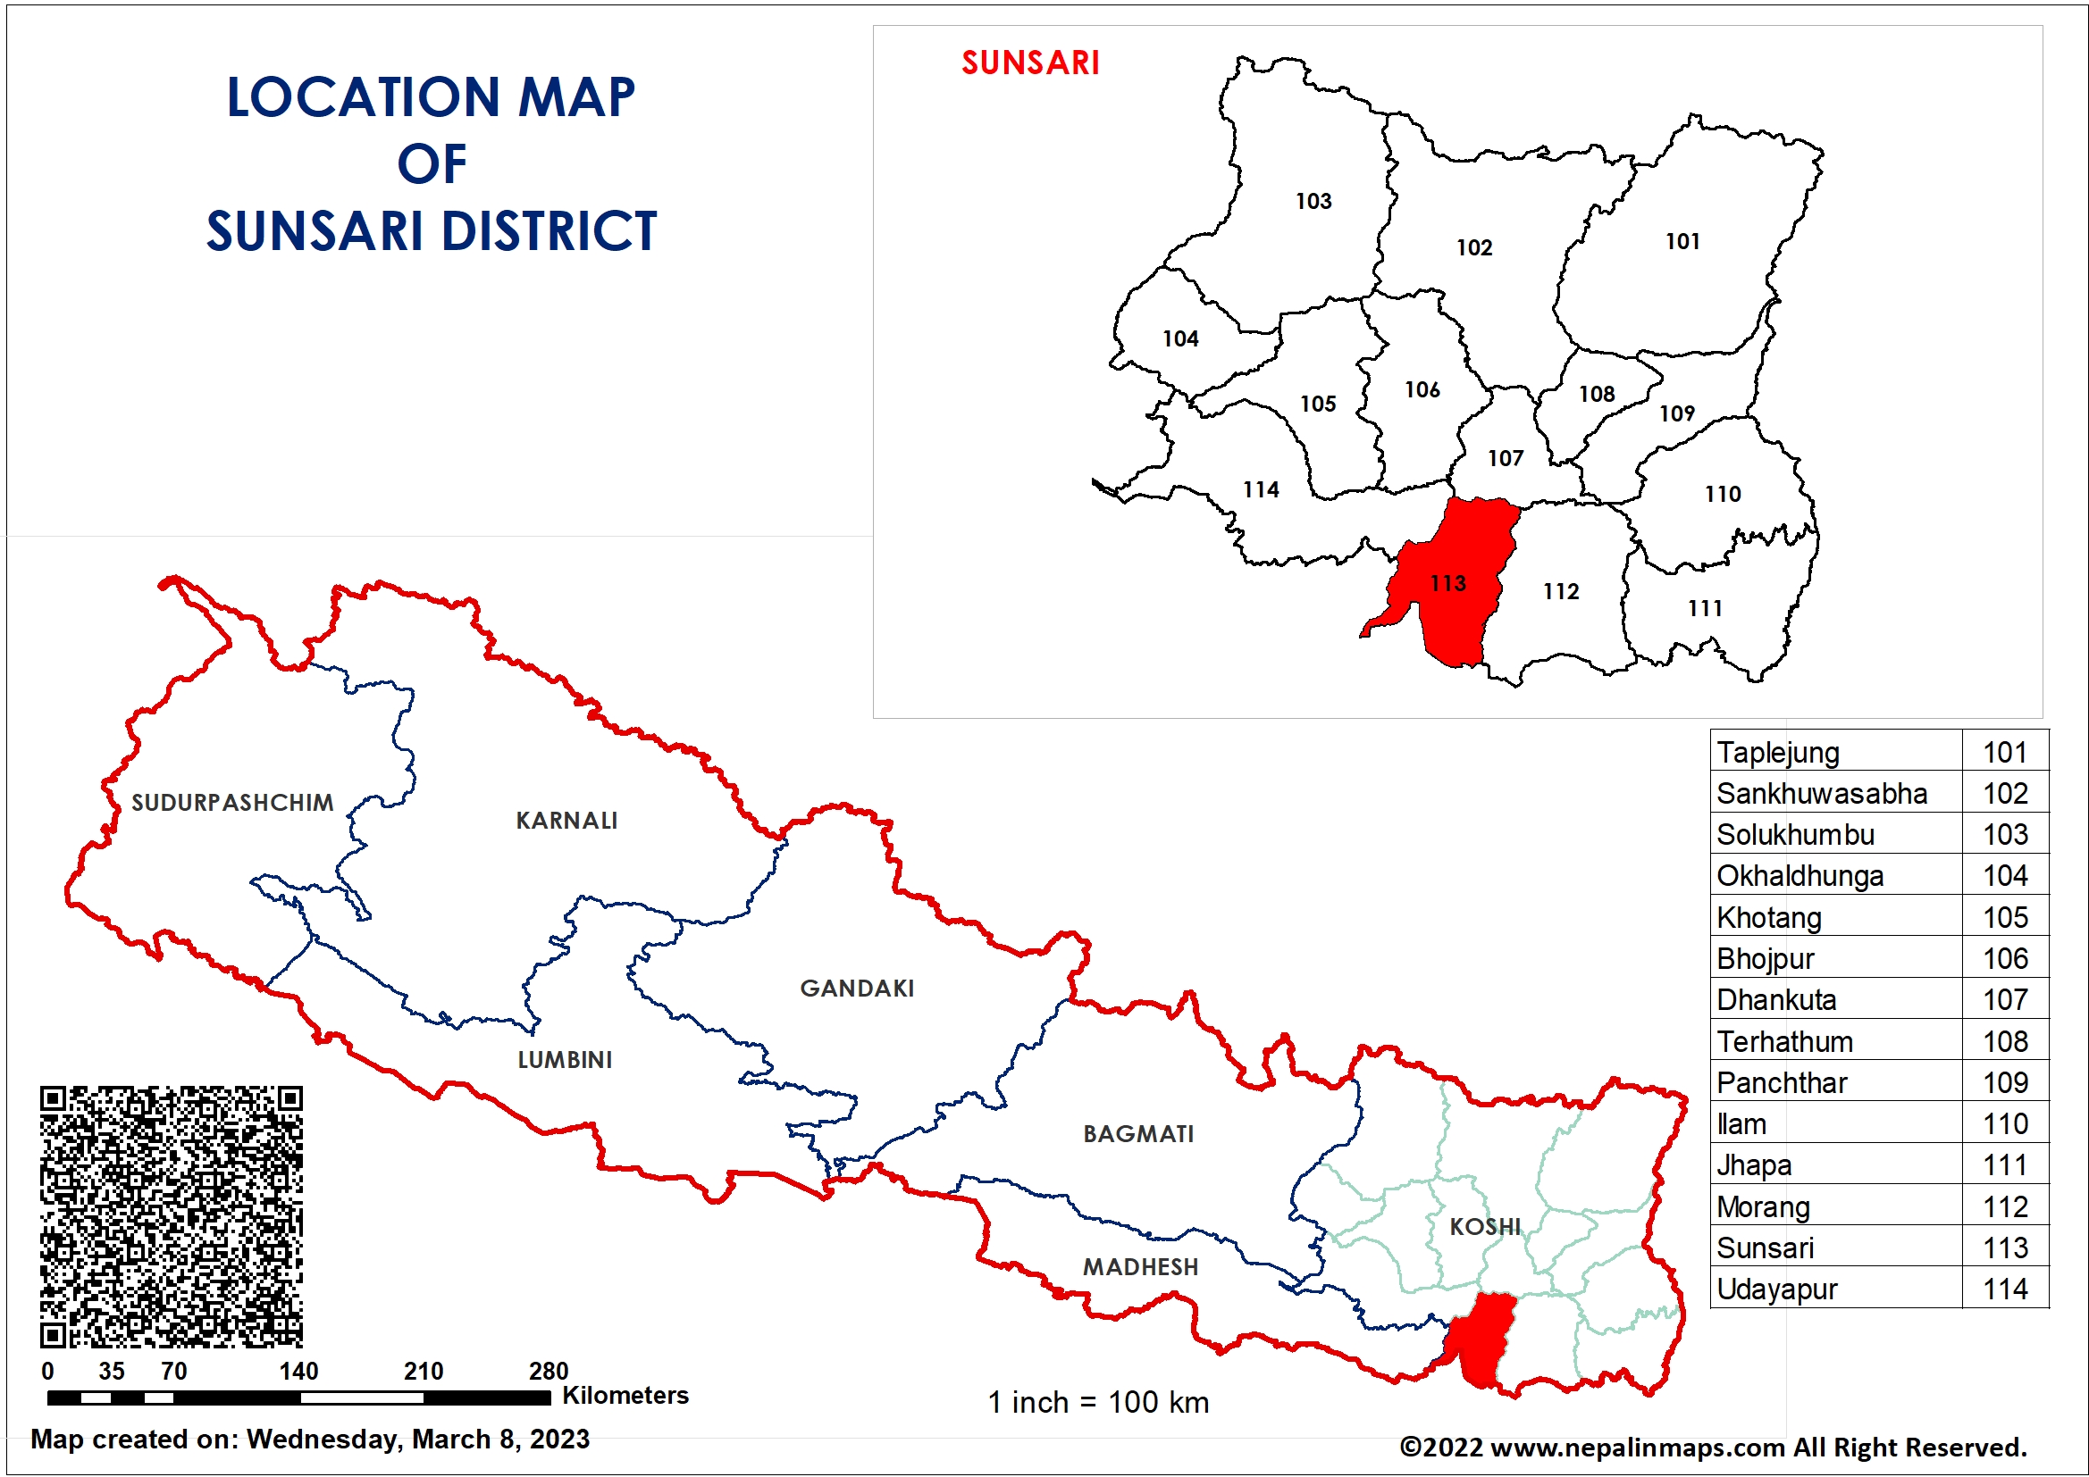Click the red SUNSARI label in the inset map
pyautogui.click(x=1030, y=63)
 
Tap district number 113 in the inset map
pyautogui.click(x=1447, y=583)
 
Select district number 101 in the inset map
pyautogui.click(x=1682, y=241)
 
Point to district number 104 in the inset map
pyautogui.click(x=1180, y=338)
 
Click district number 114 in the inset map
pyautogui.click(x=1261, y=489)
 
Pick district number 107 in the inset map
pyautogui.click(x=1505, y=458)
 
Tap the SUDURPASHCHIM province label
pyautogui.click(x=232, y=802)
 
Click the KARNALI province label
pyautogui.click(x=566, y=821)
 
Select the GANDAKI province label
pyautogui.click(x=856, y=988)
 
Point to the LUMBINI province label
pyautogui.click(x=564, y=1060)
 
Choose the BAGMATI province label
pyautogui.click(x=1137, y=1133)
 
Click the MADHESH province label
pyautogui.click(x=1140, y=1266)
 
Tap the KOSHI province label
pyautogui.click(x=1485, y=1226)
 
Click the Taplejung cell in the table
pyautogui.click(x=1778, y=753)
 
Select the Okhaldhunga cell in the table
pyautogui.click(x=1800, y=876)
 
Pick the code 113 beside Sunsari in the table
pyautogui.click(x=2005, y=1248)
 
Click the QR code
pyautogui.click(x=171, y=1216)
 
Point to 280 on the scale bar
pyautogui.click(x=548, y=1371)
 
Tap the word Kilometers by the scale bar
pyautogui.click(x=625, y=1395)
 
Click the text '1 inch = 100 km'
pyautogui.click(x=1098, y=1402)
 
